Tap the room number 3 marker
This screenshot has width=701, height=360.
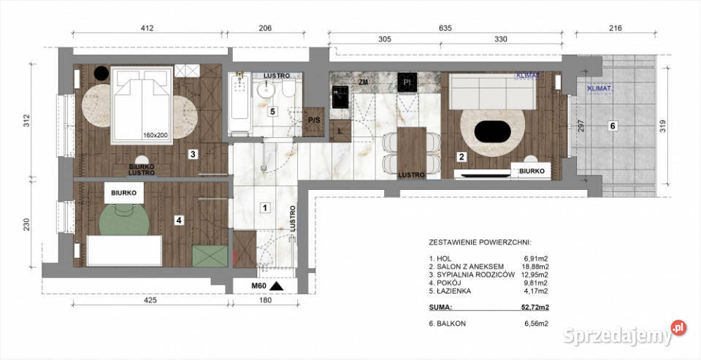coord(191,154)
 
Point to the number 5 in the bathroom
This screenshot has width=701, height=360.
coord(272,112)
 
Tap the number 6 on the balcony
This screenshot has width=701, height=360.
coord(613,126)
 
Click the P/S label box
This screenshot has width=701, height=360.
coord(315,120)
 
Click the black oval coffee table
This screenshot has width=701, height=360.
coord(494,132)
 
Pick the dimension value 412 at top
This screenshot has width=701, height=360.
coord(147,28)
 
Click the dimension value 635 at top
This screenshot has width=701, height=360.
coord(445,28)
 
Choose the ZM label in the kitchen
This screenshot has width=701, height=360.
coord(363,83)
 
